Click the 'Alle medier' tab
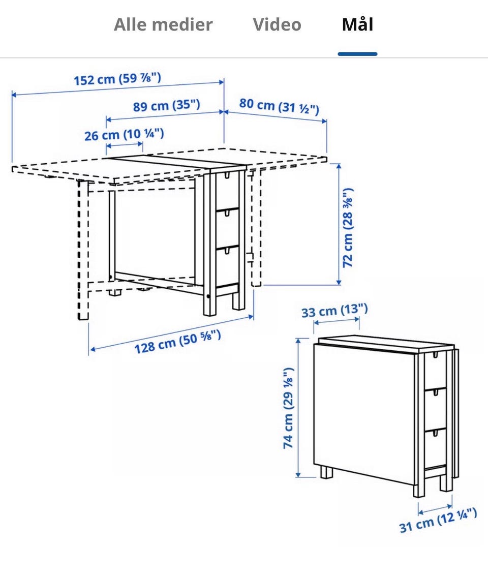[163, 24]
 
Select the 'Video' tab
[277, 24]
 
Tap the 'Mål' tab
[358, 24]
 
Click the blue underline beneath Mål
[358, 54]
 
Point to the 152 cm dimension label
[117, 79]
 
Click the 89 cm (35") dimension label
[166, 106]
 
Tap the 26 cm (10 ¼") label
[124, 134]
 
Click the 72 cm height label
[347, 228]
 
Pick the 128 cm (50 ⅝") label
[178, 342]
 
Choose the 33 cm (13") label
[334, 311]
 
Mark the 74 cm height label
[288, 408]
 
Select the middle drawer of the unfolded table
[227, 228]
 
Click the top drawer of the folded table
[436, 371]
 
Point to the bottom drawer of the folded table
[436, 448]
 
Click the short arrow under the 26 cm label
[125, 145]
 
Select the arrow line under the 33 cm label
[337, 321]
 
